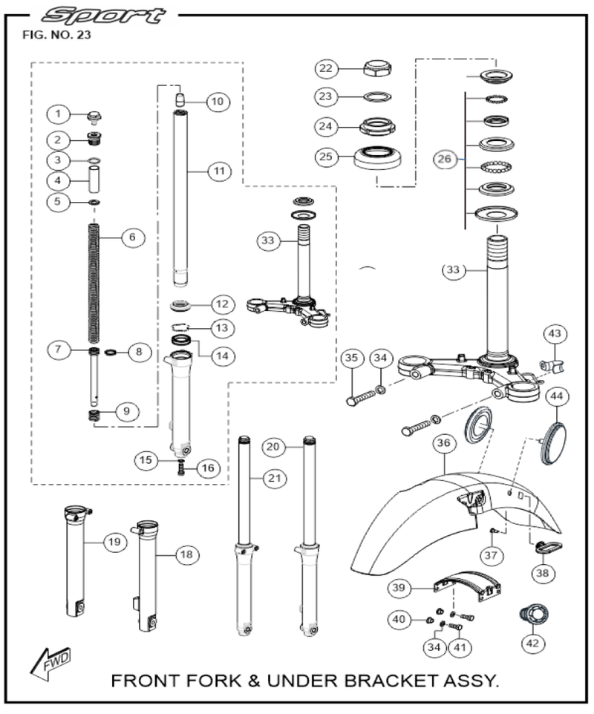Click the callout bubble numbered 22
(x=325, y=69)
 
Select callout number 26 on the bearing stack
(x=444, y=160)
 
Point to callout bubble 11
(x=218, y=171)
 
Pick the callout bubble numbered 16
(x=206, y=468)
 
